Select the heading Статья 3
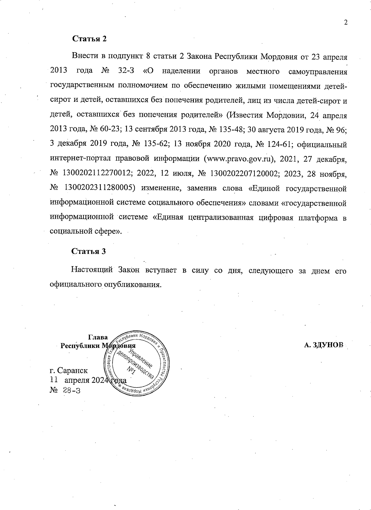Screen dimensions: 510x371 [x=89, y=251]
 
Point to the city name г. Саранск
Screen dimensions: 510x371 [x=69, y=370]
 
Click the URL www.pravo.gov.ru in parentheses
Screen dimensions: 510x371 [x=238, y=159]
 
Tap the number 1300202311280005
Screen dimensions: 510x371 [x=100, y=188]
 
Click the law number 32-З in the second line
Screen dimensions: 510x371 [x=126, y=71]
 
